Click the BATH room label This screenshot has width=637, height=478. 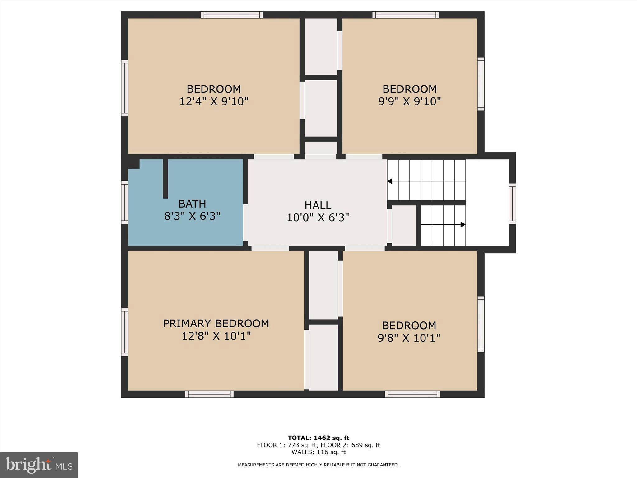pos(192,204)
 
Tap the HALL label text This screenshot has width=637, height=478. pos(318,205)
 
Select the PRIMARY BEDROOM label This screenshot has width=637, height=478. pos(216,324)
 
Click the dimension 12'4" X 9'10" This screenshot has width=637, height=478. pos(214,101)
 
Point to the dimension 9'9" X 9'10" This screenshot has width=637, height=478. pos(409,101)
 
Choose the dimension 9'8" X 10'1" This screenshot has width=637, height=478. pos(409,338)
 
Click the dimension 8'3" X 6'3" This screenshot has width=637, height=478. pos(192,216)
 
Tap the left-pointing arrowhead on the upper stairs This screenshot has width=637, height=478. pos(390,181)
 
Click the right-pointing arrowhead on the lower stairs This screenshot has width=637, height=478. pos(463,224)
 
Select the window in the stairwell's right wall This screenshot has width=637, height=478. pos(512,204)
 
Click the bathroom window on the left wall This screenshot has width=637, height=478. pos(124,202)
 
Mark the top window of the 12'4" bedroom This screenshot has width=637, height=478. pos(231,15)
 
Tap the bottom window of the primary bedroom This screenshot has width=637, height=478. pos(209,394)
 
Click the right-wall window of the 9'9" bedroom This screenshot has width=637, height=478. pos(481,84)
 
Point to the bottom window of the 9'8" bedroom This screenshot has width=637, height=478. pos(412,394)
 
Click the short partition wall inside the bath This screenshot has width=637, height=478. pos(165,179)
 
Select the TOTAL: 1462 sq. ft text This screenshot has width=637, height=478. pos(318,438)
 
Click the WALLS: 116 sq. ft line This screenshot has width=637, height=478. pos(318,452)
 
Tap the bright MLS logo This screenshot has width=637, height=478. pos(39,465)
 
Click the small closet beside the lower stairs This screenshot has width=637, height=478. pos(404,225)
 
